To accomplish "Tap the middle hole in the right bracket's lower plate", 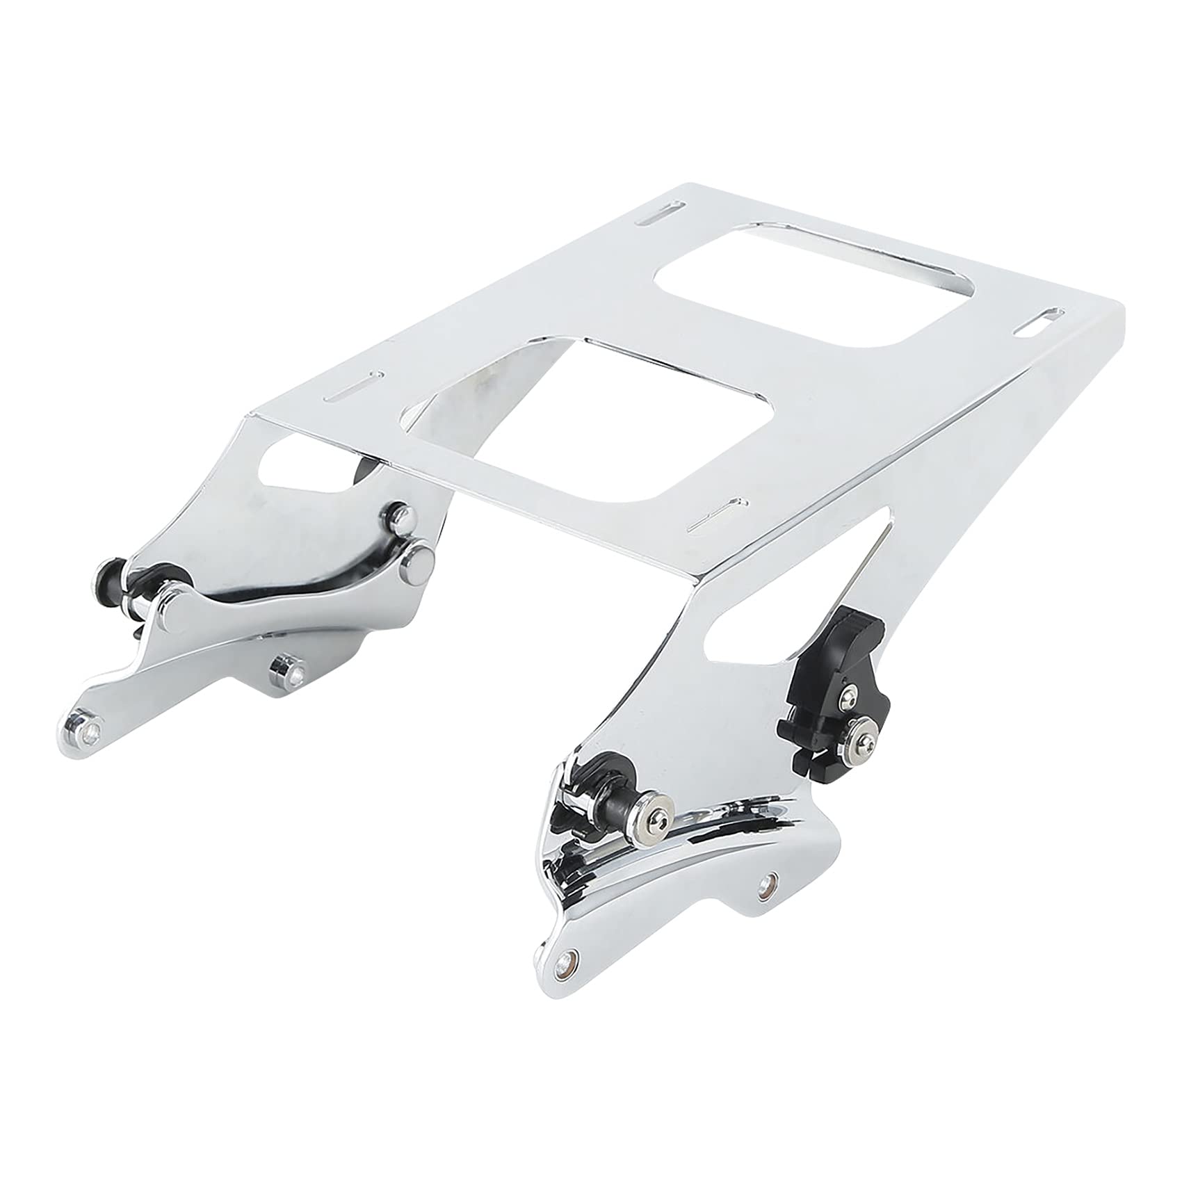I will click(x=768, y=882).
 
